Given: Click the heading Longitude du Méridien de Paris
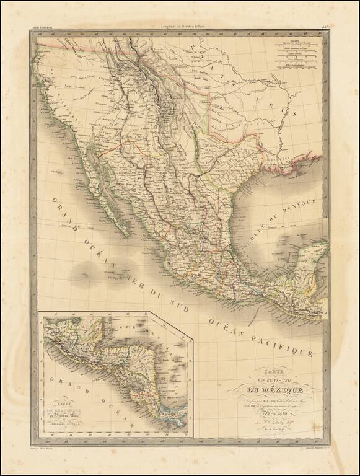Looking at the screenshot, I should pyautogui.click(x=180, y=25).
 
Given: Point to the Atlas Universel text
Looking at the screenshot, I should pyautogui.click(x=42, y=25).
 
